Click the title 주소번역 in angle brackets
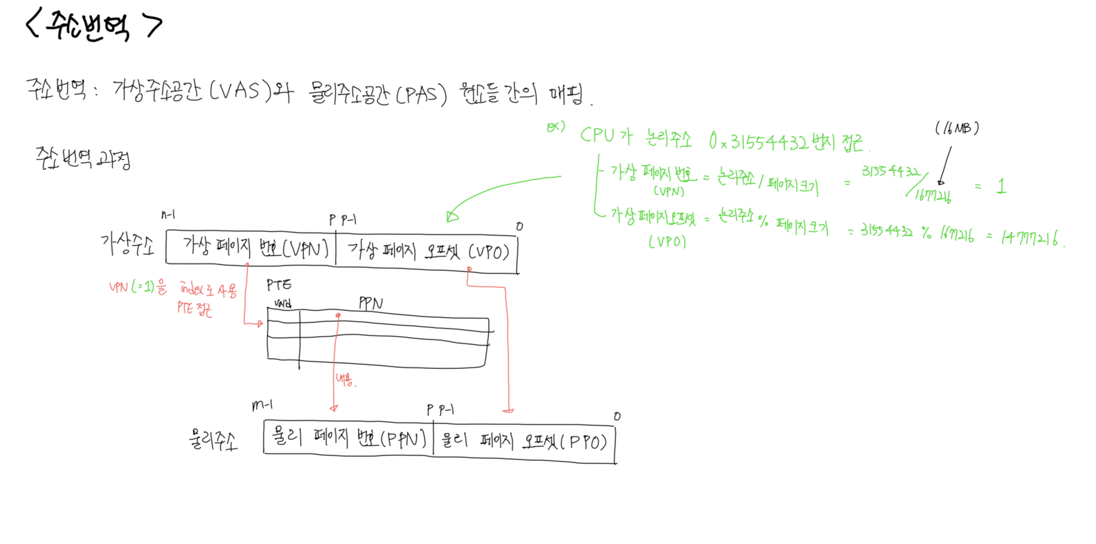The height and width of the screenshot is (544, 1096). click(x=93, y=25)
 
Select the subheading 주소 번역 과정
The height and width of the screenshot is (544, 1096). click(x=83, y=158)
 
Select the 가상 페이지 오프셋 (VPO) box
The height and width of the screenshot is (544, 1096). click(x=427, y=251)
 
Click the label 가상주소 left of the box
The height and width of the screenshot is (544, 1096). click(x=127, y=244)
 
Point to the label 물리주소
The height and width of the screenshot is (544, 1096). click(x=213, y=440)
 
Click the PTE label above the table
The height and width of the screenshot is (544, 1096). click(x=279, y=285)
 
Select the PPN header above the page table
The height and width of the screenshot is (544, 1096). click(x=370, y=303)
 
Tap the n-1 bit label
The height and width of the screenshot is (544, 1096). click(x=168, y=215)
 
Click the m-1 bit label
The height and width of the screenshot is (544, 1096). click(x=262, y=405)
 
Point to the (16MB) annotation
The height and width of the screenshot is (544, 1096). click(x=957, y=128)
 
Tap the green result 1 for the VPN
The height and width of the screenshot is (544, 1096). click(x=1001, y=186)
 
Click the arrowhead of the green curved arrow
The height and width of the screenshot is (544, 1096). click(x=452, y=216)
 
